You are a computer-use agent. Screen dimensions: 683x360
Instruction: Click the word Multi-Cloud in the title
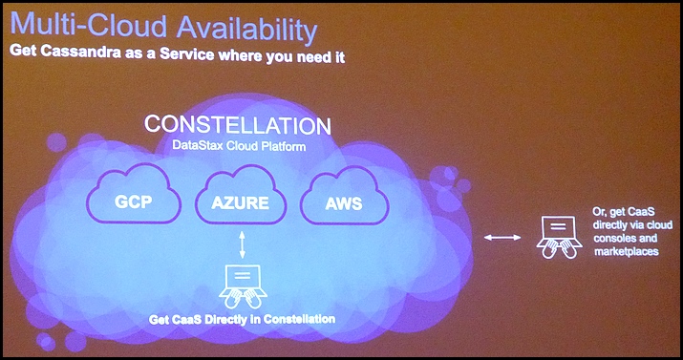[89, 26]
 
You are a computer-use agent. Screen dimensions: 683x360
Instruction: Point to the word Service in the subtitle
[186, 53]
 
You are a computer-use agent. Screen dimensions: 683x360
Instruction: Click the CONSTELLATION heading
[238, 125]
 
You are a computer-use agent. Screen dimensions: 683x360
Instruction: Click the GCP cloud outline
[134, 193]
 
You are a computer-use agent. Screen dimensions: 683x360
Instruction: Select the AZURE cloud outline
[241, 194]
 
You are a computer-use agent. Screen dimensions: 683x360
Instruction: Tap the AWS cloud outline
[345, 197]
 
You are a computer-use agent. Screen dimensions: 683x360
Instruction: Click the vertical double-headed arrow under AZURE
[243, 245]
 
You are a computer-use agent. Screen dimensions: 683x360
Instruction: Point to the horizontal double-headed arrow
[502, 237]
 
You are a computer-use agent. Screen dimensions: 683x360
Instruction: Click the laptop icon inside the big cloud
[243, 286]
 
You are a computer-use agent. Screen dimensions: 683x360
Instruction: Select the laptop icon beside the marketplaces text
[559, 237]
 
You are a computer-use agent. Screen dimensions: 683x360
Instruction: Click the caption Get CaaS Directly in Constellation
[243, 319]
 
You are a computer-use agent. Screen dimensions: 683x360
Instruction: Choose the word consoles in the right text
[614, 239]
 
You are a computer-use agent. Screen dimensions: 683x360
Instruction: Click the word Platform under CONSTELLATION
[286, 146]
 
